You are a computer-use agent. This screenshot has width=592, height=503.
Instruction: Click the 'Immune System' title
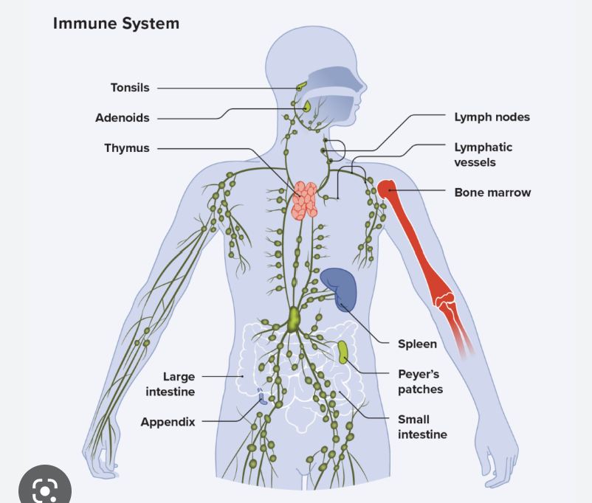[116, 24]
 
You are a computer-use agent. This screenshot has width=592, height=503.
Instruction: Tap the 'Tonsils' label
[130, 88]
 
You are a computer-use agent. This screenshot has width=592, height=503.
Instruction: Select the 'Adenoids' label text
[123, 118]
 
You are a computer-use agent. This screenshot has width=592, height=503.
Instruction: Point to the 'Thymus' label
[127, 148]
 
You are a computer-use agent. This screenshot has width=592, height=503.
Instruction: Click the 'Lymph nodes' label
[492, 117]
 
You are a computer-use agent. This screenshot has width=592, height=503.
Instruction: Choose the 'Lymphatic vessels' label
[483, 155]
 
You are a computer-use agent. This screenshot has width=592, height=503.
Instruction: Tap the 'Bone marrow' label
[492, 192]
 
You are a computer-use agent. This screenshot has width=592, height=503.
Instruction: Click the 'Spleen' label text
[417, 344]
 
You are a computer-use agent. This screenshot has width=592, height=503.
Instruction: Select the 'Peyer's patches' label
[420, 381]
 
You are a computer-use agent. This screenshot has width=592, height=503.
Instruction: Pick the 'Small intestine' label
[422, 427]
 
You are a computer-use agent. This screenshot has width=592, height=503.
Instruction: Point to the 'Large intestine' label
[171, 384]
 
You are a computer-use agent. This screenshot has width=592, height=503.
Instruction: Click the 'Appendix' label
[168, 422]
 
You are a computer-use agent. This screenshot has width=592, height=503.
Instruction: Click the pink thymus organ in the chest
[304, 201]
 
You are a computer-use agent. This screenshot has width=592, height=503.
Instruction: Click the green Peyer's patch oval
[343, 352]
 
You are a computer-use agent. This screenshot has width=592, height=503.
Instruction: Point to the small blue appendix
[261, 397]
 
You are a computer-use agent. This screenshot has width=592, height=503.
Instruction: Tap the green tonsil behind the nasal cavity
[301, 87]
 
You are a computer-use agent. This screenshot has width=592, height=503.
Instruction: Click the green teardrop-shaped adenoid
[307, 106]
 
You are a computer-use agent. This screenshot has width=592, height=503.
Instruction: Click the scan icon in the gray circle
[45, 490]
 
